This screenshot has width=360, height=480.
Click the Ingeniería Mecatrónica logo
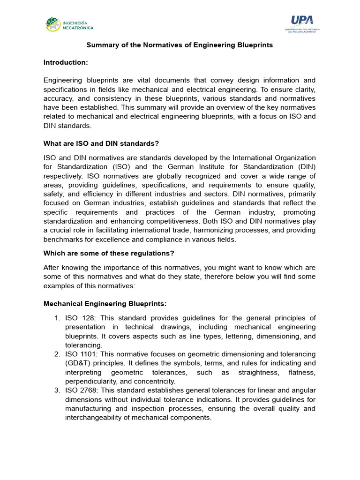69,24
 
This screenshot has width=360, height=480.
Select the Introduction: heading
66,62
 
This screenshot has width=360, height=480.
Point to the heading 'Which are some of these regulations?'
109,253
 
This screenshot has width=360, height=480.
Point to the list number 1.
57,318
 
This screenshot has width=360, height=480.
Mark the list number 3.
57,390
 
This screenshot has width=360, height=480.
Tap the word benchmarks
63,239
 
